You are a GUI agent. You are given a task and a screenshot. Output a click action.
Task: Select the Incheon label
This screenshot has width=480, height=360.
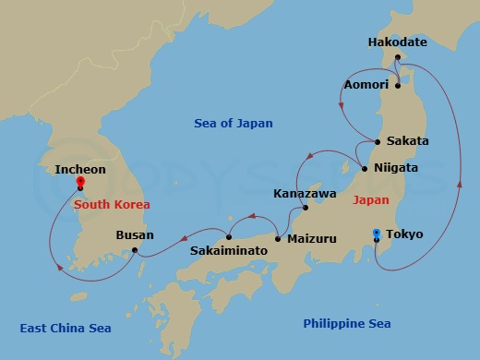click(80, 170)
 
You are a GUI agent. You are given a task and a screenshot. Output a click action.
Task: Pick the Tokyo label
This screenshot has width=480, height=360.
click(404, 234)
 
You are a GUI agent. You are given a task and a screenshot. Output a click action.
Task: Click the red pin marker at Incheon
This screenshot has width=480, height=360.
click(80, 183)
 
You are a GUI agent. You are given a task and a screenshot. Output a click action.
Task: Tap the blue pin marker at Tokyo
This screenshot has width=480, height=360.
click(377, 234)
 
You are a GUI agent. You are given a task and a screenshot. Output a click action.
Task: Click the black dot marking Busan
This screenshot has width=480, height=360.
click(135, 250)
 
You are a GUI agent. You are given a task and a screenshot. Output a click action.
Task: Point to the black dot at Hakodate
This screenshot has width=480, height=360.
click(399, 57)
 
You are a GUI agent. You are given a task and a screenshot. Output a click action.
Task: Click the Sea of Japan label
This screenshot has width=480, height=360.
click(234, 123)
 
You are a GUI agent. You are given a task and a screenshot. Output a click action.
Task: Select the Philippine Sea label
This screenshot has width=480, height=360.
click(347, 323)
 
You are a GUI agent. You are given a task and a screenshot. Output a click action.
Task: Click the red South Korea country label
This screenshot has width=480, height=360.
click(112, 204)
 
